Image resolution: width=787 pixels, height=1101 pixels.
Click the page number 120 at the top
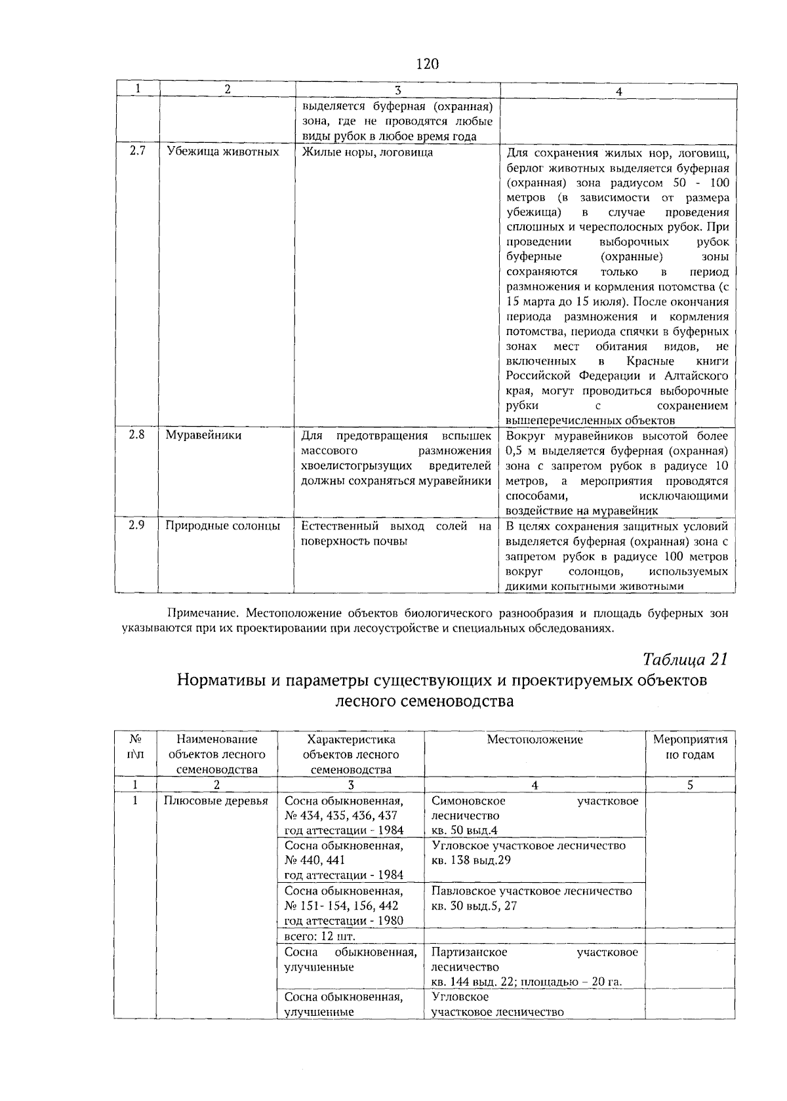tap(426, 64)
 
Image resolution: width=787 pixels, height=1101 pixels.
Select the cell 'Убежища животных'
tap(222, 152)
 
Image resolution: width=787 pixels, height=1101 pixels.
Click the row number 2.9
tap(136, 526)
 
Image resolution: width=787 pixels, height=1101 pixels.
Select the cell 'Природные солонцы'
tap(222, 526)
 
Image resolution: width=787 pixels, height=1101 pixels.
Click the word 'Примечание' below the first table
tap(201, 614)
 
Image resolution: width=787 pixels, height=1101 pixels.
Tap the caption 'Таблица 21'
tap(685, 658)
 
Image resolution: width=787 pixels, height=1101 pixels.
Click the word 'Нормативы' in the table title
tap(220, 680)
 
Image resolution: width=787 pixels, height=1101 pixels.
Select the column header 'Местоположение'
tap(535, 740)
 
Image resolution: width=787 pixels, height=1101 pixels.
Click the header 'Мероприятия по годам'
tap(690, 747)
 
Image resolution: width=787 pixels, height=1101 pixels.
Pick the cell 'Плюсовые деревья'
tap(216, 801)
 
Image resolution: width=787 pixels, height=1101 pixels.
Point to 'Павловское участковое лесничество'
tap(532, 891)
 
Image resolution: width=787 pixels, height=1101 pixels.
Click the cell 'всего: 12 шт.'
tap(319, 936)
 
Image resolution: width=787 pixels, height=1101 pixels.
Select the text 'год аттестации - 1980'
tap(344, 921)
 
